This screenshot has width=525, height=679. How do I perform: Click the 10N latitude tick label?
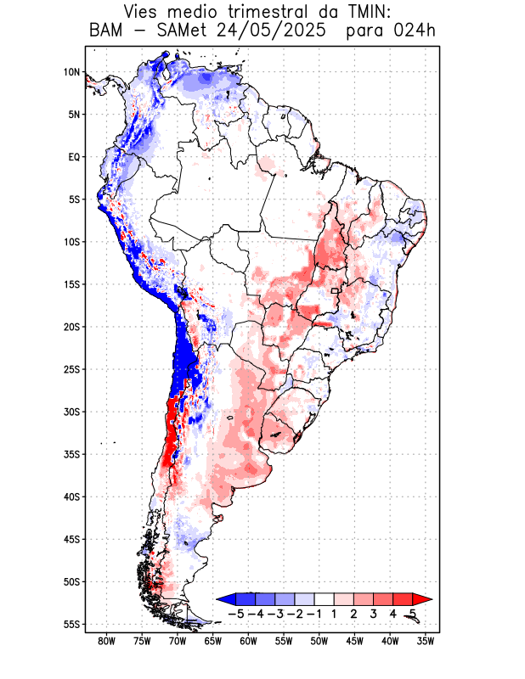(71, 72)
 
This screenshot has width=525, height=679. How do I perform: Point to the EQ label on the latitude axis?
(74, 157)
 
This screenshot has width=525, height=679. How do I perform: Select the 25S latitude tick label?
(71, 369)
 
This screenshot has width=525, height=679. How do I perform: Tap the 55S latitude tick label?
(71, 625)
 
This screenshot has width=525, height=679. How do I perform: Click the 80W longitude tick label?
(106, 642)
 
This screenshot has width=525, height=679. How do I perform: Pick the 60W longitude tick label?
(248, 642)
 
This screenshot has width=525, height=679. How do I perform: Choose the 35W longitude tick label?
(426, 642)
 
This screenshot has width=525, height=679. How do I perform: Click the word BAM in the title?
(105, 31)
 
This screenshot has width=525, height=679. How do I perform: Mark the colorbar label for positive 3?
(374, 613)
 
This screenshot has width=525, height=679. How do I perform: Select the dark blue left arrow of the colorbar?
(224, 599)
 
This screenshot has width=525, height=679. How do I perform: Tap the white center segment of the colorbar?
(325, 599)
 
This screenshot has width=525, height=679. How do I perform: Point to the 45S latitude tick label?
(71, 540)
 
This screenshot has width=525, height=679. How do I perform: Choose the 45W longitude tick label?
(354, 642)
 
